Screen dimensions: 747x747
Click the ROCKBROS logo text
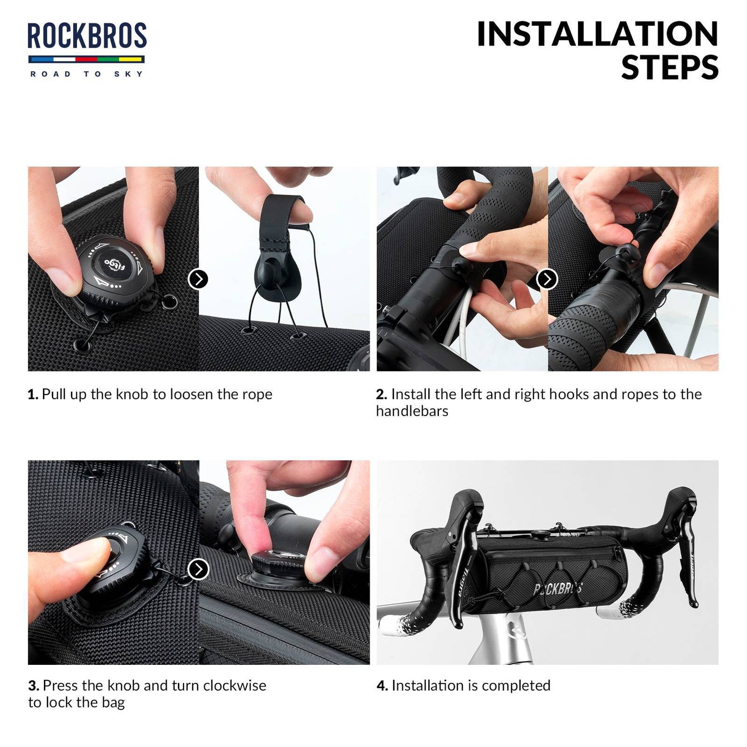click(87, 36)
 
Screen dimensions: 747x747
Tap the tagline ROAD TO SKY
click(87, 74)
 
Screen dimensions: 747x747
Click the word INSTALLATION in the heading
click(597, 34)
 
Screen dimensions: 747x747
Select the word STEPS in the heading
click(669, 68)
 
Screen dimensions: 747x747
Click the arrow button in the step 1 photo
click(198, 279)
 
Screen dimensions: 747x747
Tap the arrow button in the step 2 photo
click(547, 279)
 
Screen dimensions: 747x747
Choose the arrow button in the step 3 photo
click(198, 569)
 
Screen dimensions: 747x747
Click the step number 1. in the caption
click(33, 394)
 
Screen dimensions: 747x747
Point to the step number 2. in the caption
click(382, 394)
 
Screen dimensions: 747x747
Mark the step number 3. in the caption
click(34, 685)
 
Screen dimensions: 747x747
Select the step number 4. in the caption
click(382, 685)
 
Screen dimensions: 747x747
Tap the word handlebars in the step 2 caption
click(412, 411)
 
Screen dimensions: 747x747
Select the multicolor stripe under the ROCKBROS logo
click(87, 59)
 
